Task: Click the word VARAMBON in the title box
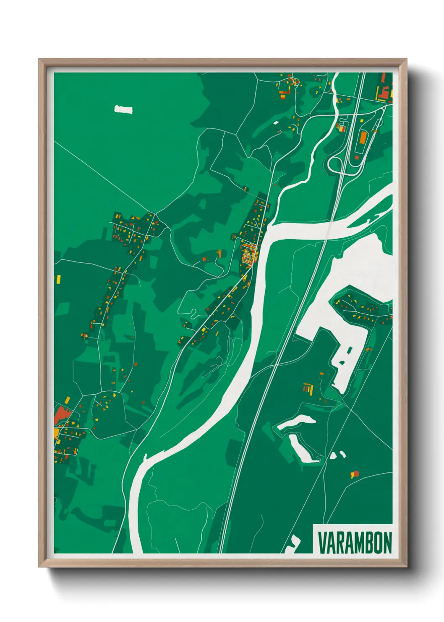coord(355,543)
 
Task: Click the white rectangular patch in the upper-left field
coord(123,110)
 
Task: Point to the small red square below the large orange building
coord(357,158)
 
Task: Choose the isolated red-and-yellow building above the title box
coord(355,474)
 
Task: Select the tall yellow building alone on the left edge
coord(59,279)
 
